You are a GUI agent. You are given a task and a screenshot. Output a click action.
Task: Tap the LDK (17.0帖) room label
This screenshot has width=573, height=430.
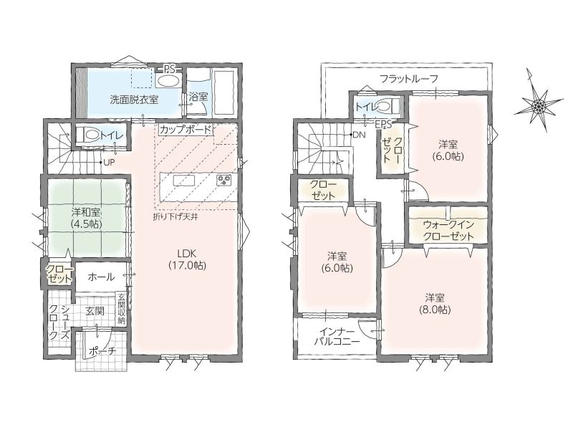[187, 259]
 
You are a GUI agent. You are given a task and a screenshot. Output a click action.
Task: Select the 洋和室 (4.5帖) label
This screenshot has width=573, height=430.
[86, 218]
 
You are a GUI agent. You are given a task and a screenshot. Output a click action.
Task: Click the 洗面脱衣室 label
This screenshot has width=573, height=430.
[134, 100]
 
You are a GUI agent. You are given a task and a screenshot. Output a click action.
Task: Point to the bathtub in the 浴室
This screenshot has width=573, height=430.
[224, 92]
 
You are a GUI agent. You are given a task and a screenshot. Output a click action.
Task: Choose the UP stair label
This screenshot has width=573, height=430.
[109, 163]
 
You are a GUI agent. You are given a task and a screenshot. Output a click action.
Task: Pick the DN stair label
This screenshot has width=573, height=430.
[360, 135]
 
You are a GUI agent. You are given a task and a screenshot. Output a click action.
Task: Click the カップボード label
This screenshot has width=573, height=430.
[186, 130]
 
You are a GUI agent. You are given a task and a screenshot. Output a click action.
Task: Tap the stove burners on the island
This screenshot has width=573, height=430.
[223, 180]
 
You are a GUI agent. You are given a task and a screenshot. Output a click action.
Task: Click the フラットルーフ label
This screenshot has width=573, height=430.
[408, 78]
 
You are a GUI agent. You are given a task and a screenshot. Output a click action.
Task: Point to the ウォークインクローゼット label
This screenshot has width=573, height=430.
[448, 230]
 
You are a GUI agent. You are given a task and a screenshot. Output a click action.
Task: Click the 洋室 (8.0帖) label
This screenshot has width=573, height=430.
[435, 303]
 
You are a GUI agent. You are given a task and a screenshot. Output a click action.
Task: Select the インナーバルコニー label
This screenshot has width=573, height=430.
[337, 337]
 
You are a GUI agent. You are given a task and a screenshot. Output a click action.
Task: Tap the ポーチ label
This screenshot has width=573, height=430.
[102, 351]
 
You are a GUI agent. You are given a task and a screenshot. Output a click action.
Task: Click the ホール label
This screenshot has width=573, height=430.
[101, 277]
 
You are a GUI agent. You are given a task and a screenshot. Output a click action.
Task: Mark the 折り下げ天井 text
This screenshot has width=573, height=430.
[175, 216]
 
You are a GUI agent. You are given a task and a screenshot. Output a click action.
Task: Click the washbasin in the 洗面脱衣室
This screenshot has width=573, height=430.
[168, 80]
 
